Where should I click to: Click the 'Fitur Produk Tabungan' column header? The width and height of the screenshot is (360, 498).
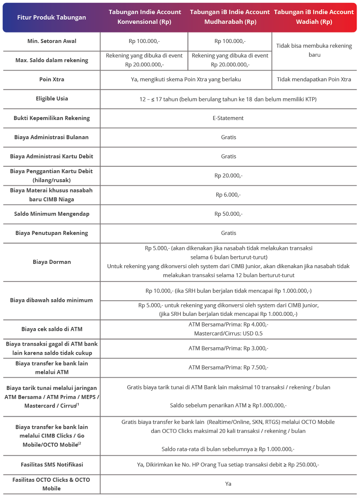click(51, 17)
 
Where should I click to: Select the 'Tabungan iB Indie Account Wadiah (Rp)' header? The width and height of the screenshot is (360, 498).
click(314, 17)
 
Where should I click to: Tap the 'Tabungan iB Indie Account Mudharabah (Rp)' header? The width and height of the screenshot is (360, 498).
click(230, 17)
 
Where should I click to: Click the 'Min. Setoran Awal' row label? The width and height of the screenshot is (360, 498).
click(51, 41)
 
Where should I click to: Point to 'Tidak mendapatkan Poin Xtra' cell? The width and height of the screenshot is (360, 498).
click(314, 79)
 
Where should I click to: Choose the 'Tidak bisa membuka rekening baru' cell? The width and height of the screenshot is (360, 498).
click(314, 50)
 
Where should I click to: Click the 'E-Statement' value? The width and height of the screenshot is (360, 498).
click(228, 118)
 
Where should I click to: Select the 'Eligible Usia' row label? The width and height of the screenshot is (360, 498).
click(51, 98)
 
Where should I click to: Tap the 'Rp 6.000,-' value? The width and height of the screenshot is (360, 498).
click(228, 195)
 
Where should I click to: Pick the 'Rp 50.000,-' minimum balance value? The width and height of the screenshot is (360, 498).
click(228, 214)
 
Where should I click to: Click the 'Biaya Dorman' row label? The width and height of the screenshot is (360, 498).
click(51, 262)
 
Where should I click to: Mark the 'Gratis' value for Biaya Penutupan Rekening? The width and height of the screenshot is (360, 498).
click(228, 233)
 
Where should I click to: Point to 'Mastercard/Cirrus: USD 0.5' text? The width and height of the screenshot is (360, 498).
click(228, 333)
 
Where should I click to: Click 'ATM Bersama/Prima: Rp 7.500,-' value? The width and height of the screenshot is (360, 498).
click(228, 367)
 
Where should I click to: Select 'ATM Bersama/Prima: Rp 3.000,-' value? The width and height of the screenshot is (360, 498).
click(228, 348)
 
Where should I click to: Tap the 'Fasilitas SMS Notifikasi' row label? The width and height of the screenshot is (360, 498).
click(51, 464)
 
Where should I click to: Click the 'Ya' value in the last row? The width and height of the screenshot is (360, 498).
click(228, 484)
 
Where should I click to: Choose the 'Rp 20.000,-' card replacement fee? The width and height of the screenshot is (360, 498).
click(228, 175)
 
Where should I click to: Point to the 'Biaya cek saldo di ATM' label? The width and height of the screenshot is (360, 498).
click(51, 329)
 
